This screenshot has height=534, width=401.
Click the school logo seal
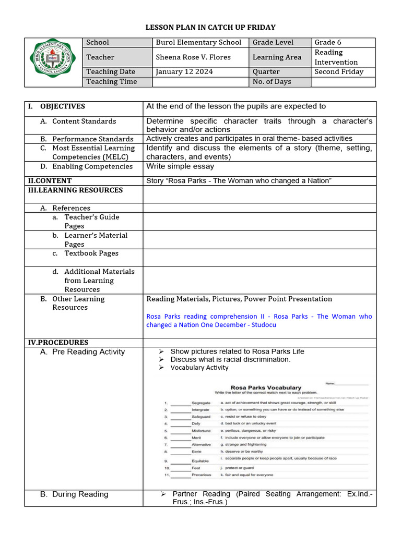pyautogui.click(x=53, y=62)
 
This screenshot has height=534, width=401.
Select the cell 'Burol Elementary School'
pyautogui.click(x=198, y=42)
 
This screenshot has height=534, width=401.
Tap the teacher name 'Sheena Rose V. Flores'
pyautogui.click(x=193, y=57)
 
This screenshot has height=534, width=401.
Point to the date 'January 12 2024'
pyautogui.click(x=184, y=72)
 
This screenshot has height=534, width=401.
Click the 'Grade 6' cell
pyautogui.click(x=327, y=42)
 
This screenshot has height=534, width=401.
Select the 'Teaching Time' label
pyautogui.click(x=112, y=81)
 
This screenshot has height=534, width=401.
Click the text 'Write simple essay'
pyautogui.click(x=180, y=166)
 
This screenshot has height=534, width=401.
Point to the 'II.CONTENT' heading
pyautogui.click(x=50, y=180)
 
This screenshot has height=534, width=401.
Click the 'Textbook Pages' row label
pyautogui.click(x=91, y=253)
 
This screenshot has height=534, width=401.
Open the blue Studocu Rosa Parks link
pyautogui.click(x=259, y=320)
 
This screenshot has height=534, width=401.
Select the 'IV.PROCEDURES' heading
pyautogui.click(x=58, y=343)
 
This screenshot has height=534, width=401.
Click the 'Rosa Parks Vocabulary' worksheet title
pyautogui.click(x=266, y=387)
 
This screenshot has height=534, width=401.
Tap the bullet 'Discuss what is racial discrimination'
pyautogui.click(x=230, y=359)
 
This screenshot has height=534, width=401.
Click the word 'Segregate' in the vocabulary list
pyautogui.click(x=201, y=403)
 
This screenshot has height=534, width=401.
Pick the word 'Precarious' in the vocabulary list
pyautogui.click(x=202, y=475)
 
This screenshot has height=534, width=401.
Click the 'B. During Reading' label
pyautogui.click(x=74, y=494)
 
